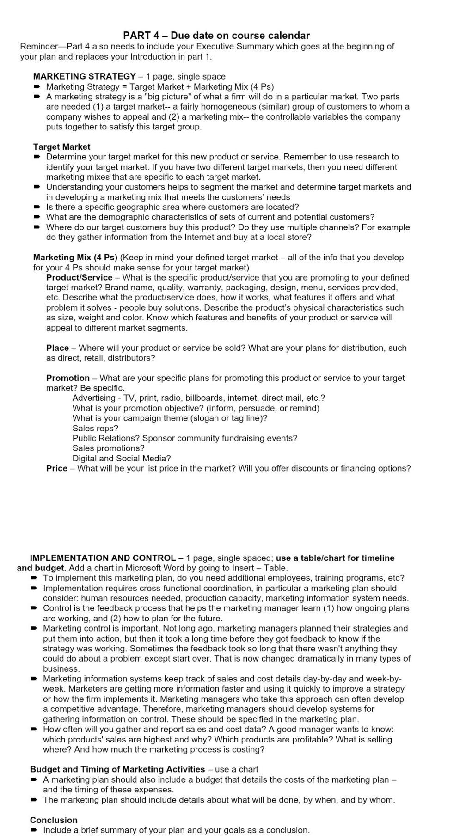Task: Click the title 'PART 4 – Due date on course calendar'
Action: [x=216, y=36]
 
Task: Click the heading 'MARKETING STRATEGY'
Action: [x=84, y=76]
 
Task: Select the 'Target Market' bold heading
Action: [x=61, y=147]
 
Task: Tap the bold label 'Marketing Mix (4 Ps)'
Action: [x=75, y=257]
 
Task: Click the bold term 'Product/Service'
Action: [x=79, y=277]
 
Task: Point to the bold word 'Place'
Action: [x=57, y=348]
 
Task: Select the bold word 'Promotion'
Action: [x=67, y=378]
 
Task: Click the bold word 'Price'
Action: [x=56, y=468]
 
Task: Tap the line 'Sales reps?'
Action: [x=95, y=428]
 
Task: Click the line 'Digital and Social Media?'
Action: [x=121, y=458]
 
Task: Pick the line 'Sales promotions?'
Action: [x=108, y=448]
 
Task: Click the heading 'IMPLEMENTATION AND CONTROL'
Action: [x=103, y=558]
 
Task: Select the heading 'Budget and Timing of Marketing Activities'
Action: [x=117, y=769]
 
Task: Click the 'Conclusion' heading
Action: [x=54, y=820]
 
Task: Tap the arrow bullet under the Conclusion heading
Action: [x=34, y=830]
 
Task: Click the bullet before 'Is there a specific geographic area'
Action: [x=37, y=207]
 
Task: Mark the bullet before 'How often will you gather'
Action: [x=34, y=729]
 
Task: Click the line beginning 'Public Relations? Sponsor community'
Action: [x=184, y=438]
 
